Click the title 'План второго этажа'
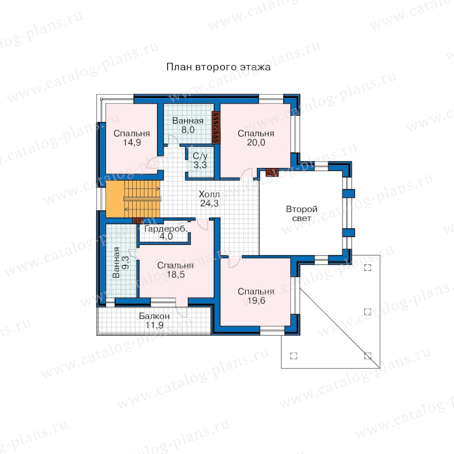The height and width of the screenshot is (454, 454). coord(218,67)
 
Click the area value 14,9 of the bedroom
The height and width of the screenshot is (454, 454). coord(132,142)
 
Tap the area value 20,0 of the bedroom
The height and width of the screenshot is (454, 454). coord(256,142)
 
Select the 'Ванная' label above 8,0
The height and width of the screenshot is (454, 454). coord(188,121)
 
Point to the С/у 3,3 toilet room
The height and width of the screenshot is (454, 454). coord(200,161)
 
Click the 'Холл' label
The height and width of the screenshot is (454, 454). coord(209,194)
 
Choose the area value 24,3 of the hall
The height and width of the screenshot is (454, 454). coord(209,203)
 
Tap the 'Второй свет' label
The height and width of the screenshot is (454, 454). coord(302,213)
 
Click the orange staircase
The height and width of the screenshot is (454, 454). coord(133,199)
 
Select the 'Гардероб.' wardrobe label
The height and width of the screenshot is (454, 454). coord(166,229)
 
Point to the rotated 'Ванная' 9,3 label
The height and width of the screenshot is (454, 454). coord(121,262)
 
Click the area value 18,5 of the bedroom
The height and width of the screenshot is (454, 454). coord(176,274)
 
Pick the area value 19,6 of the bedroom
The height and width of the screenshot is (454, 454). coord(256,301)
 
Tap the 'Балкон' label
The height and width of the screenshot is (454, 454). coord(154,316)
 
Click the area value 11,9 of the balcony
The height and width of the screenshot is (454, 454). coord(154,325)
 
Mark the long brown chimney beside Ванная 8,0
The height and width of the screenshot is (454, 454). coord(216,128)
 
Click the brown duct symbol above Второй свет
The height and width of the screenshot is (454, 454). coord(272,173)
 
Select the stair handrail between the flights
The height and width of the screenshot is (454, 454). coord(142,199)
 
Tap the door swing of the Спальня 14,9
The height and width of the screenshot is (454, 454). coord(152,162)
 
